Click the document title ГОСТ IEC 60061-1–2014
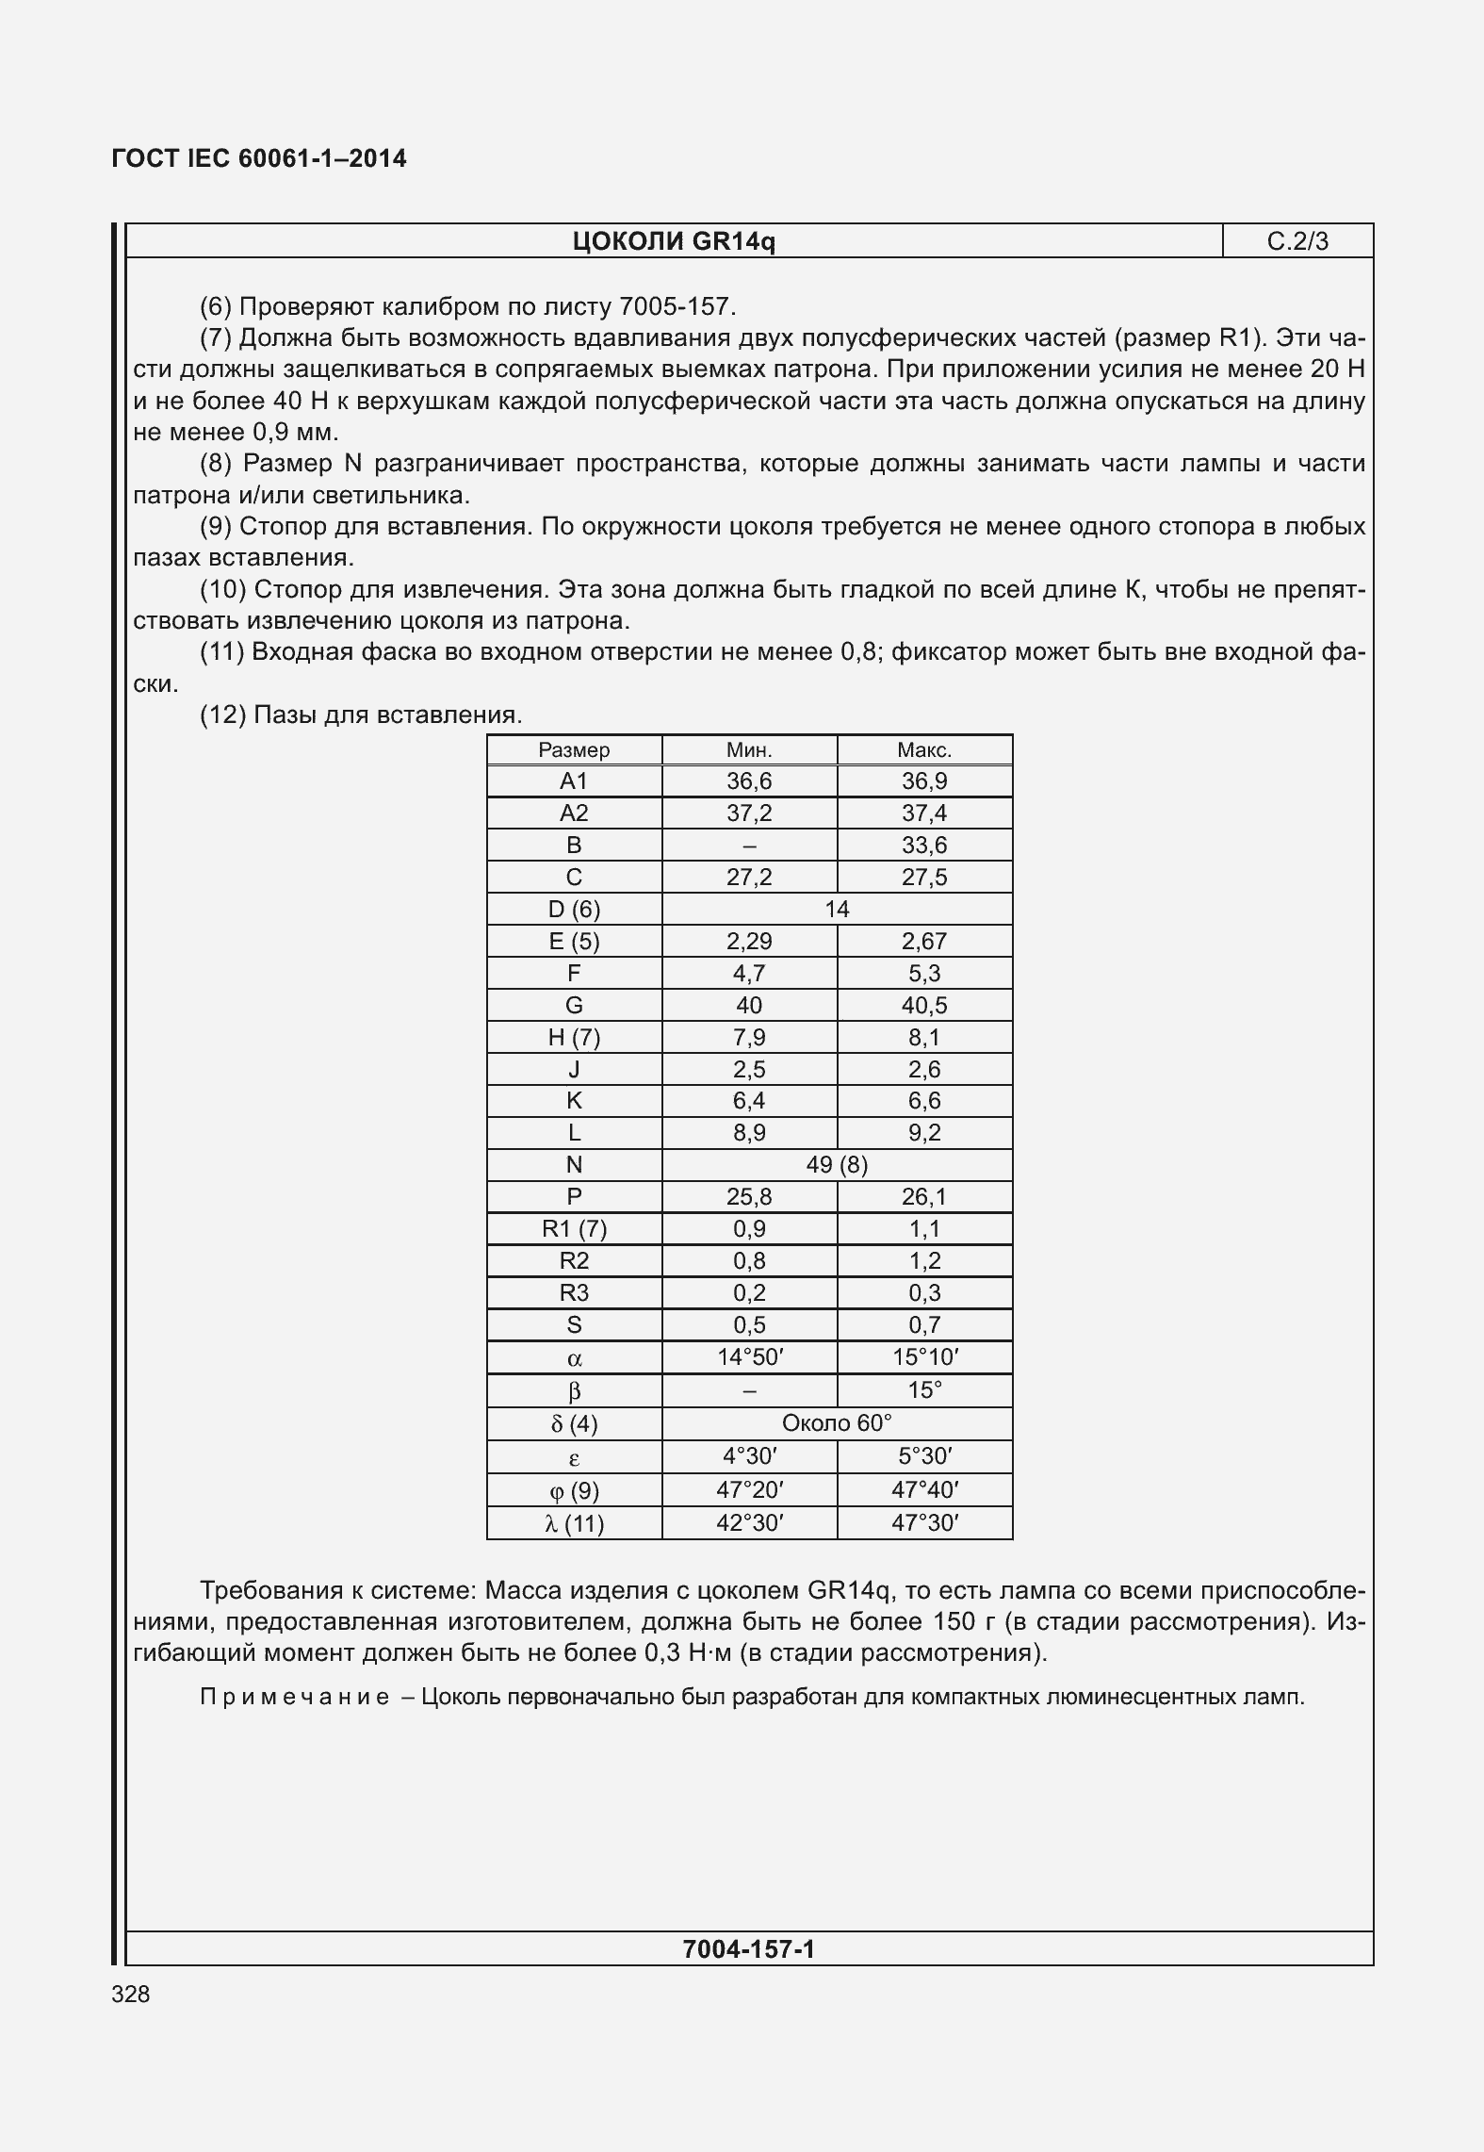click(x=259, y=158)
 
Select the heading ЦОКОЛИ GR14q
click(x=674, y=242)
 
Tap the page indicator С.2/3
click(x=1297, y=242)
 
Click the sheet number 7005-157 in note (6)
click(x=674, y=306)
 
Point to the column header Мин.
click(x=749, y=750)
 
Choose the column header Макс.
click(x=924, y=750)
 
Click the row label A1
click(x=574, y=781)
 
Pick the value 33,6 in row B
click(x=924, y=846)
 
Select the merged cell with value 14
click(x=837, y=909)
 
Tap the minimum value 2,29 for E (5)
click(x=749, y=941)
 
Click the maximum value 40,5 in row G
click(x=924, y=1005)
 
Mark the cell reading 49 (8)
click(x=837, y=1165)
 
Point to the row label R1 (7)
click(x=574, y=1229)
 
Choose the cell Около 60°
click(x=837, y=1423)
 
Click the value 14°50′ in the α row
click(x=749, y=1357)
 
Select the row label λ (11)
click(x=574, y=1523)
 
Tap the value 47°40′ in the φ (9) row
click(x=924, y=1490)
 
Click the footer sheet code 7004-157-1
click(x=748, y=1948)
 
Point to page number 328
click(x=130, y=1994)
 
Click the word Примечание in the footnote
click(x=295, y=1698)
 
